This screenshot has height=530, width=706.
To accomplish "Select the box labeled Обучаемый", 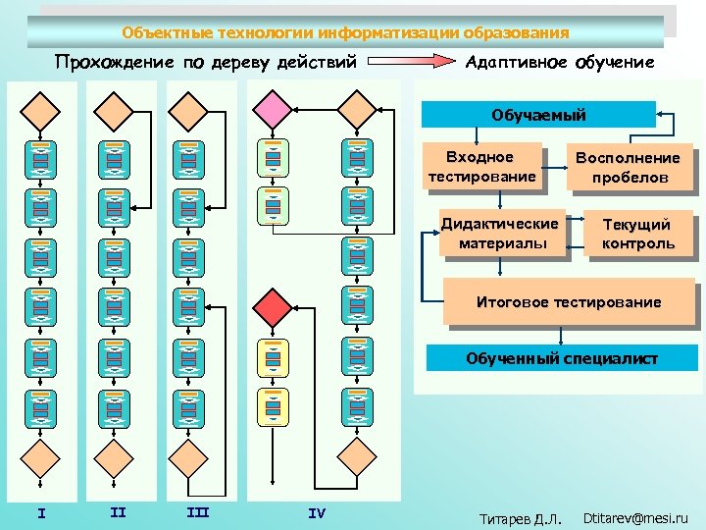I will point(538,115).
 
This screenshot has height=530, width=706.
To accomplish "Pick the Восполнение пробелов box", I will point(628,168).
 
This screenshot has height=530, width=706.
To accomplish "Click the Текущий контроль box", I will point(637,234).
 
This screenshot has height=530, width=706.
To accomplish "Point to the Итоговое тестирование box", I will point(569,302).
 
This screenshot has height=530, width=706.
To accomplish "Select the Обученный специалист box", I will point(561,358).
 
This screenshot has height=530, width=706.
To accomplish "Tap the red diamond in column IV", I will point(273,306).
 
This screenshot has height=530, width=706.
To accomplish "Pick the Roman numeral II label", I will point(118,511).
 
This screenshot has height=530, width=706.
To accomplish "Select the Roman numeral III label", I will point(197,511).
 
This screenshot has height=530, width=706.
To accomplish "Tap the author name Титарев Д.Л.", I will point(519,517).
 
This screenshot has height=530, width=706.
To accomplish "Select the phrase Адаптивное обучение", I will point(559,63).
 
